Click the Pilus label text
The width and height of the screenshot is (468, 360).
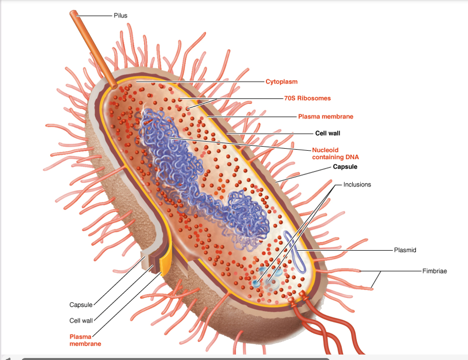point(120,15)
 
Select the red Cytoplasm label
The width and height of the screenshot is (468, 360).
point(281,81)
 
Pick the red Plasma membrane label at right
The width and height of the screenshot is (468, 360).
point(325,116)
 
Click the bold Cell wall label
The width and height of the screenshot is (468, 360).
point(327,133)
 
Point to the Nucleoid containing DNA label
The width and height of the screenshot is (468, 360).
point(335,153)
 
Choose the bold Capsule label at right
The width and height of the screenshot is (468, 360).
point(345,167)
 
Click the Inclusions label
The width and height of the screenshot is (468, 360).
point(357,184)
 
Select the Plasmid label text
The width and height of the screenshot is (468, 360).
point(404,250)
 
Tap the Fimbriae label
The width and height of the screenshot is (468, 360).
point(434,271)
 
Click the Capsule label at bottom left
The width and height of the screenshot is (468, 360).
point(80,304)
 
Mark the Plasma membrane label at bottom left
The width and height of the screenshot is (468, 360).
point(85,340)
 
